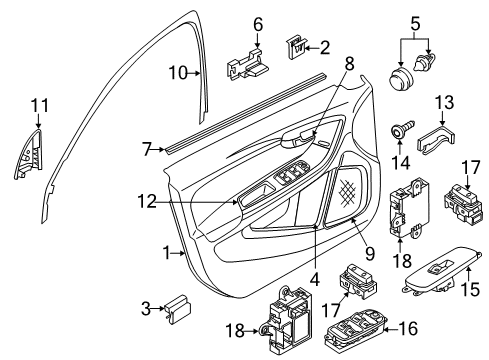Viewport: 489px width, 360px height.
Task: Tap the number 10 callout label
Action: pos(177,72)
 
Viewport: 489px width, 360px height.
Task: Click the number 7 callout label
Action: pos(147,148)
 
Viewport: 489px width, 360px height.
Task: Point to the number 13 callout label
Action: pos(444,101)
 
